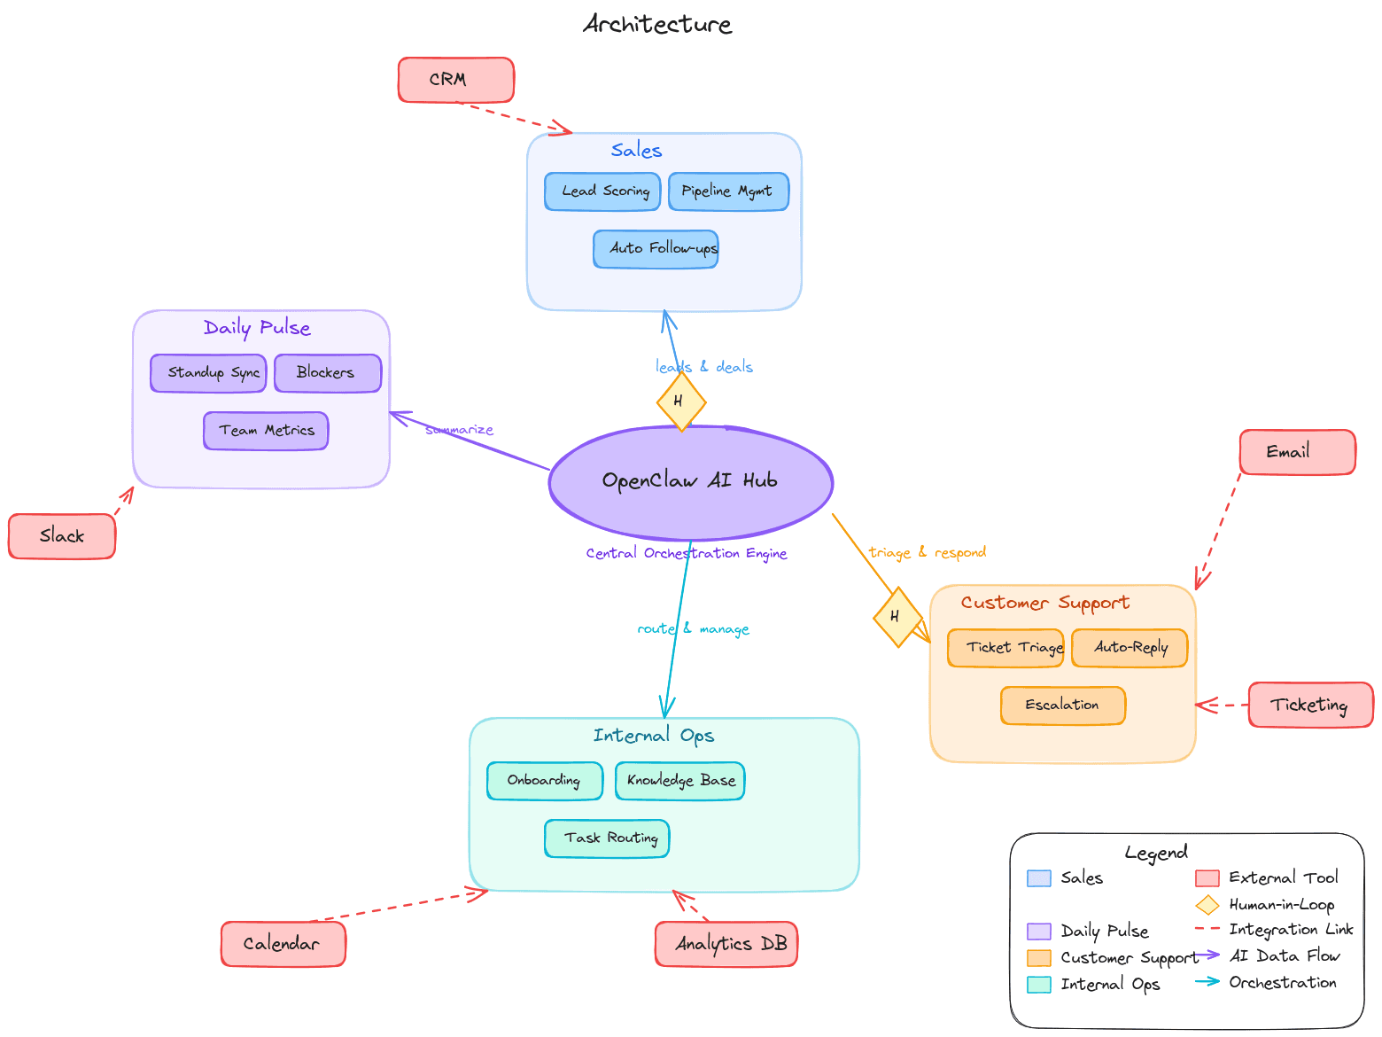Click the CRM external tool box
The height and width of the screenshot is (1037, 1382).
click(455, 80)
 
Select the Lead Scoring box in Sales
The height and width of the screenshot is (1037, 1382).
click(602, 191)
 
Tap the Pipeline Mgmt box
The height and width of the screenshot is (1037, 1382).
click(728, 191)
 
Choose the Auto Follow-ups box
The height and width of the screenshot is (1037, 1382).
click(656, 249)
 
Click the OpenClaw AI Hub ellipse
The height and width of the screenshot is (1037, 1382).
click(690, 482)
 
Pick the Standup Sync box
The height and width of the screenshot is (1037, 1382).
click(208, 373)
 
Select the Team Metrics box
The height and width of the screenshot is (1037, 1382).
click(266, 431)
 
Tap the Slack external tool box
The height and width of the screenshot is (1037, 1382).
click(62, 536)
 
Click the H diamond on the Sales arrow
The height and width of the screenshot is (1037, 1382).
click(680, 402)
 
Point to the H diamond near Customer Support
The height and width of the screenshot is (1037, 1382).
click(897, 617)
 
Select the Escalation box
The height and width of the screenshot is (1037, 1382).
click(1062, 706)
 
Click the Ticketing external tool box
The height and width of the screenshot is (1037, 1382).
click(1309, 706)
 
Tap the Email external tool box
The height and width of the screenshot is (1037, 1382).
click(1296, 452)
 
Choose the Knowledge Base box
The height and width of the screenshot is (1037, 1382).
click(679, 781)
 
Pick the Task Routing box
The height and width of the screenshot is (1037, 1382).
click(607, 838)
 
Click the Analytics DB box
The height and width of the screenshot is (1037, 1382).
click(726, 944)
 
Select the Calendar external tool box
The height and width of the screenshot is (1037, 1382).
click(283, 944)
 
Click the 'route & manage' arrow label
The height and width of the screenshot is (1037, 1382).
click(693, 628)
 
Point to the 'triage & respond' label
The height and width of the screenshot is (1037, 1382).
click(927, 552)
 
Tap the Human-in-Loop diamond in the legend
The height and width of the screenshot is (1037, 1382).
click(1207, 905)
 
